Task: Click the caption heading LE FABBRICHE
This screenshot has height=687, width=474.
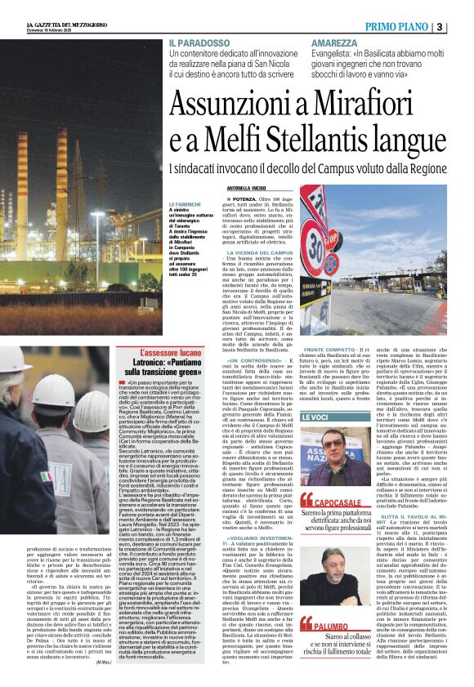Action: coord(186,204)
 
